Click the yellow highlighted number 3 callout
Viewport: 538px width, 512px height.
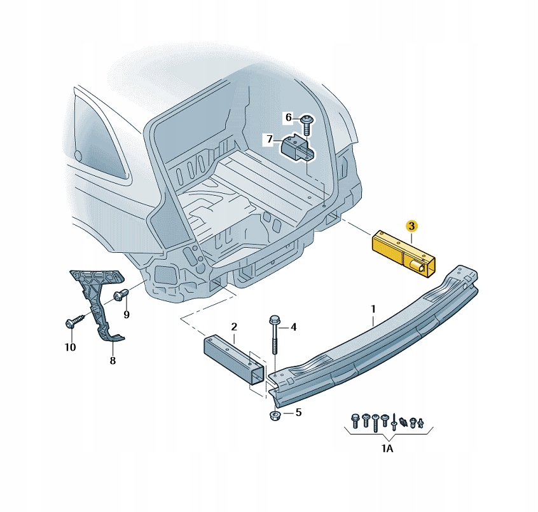point(411,226)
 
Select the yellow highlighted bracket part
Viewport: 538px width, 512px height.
point(401,254)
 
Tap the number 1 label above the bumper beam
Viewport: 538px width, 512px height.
point(373,309)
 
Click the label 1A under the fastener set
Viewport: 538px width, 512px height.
point(387,448)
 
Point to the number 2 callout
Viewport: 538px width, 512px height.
point(234,327)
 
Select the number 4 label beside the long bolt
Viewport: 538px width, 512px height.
point(293,328)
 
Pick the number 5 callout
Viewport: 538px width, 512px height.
point(298,413)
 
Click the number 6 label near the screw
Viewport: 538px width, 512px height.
point(288,118)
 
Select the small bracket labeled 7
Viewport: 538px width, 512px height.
point(297,149)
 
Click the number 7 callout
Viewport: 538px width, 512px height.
point(270,139)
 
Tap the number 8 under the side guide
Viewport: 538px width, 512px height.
point(113,361)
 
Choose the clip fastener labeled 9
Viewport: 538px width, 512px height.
point(121,295)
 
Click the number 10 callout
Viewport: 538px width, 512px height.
point(70,347)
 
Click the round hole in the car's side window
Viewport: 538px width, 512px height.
point(78,156)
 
